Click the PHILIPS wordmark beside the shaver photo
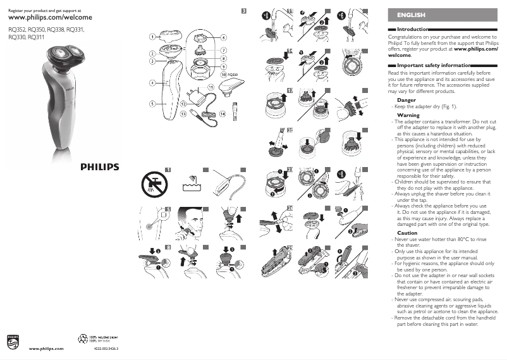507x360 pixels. (x=99, y=167)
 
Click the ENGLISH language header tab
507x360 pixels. (x=411, y=15)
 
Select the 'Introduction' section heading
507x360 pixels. (x=412, y=30)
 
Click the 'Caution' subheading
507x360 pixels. (x=407, y=233)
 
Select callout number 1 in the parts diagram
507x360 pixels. (x=152, y=37)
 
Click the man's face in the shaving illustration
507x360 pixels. (x=197, y=223)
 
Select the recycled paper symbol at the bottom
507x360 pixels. (x=82, y=339)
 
